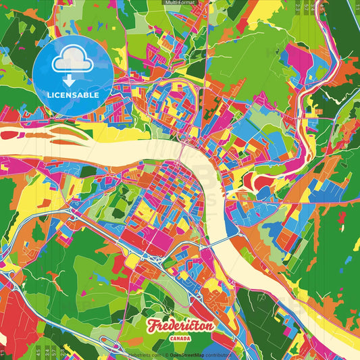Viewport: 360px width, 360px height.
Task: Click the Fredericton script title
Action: (180, 327)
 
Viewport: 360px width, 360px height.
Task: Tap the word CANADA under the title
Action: (180, 338)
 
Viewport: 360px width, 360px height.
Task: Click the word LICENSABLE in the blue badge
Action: (73, 95)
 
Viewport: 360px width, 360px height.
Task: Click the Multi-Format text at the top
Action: (180, 3)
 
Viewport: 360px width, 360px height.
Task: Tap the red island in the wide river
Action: (61, 129)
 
